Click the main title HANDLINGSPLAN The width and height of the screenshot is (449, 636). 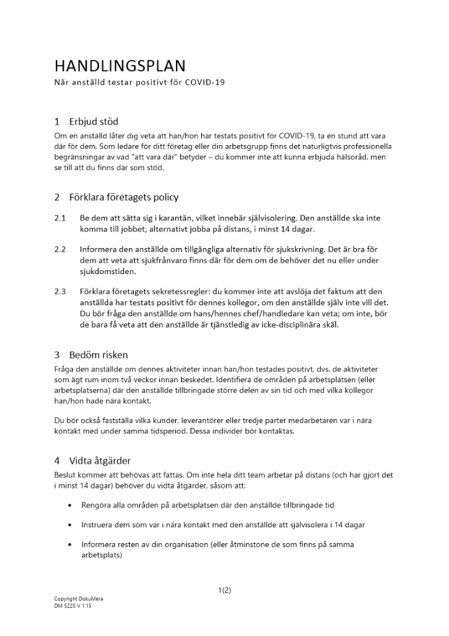point(120,66)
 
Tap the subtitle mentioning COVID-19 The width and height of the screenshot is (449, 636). point(140,83)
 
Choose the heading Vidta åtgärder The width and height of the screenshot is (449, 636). point(100,460)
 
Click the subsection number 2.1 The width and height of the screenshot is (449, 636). point(60,218)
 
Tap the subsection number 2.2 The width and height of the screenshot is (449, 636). point(60,249)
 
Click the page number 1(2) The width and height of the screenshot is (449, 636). point(224,590)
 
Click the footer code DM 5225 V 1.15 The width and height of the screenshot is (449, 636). point(74,606)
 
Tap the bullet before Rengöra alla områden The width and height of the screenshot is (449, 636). point(69,506)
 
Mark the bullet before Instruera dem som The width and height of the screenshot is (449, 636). point(69,525)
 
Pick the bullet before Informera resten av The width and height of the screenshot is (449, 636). point(69,545)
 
